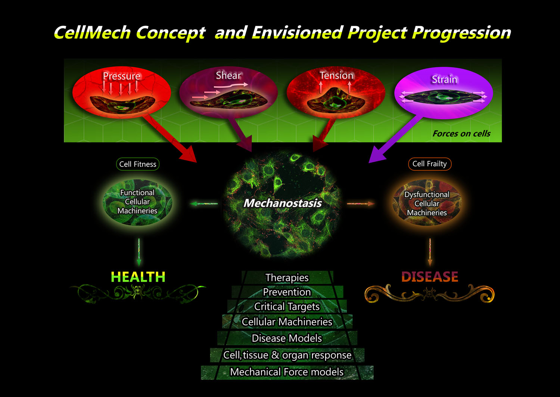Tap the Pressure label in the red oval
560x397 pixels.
[121, 76]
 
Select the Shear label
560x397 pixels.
[228, 75]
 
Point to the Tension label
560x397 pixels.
[336, 75]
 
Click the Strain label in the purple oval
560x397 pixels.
[444, 79]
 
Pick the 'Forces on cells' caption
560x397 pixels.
[461, 134]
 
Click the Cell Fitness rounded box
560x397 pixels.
[138, 164]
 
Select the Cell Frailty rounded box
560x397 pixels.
[430, 164]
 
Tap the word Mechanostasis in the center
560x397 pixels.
[282, 203]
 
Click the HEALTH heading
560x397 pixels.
[138, 277]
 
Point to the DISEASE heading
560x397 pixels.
[430, 277]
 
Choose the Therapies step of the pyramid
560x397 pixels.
[287, 277]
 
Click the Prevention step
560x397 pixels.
[287, 292]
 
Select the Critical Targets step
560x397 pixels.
[287, 307]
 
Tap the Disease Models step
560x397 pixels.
[287, 338]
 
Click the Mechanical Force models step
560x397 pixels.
[287, 372]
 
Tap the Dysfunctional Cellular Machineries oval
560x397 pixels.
[427, 204]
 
